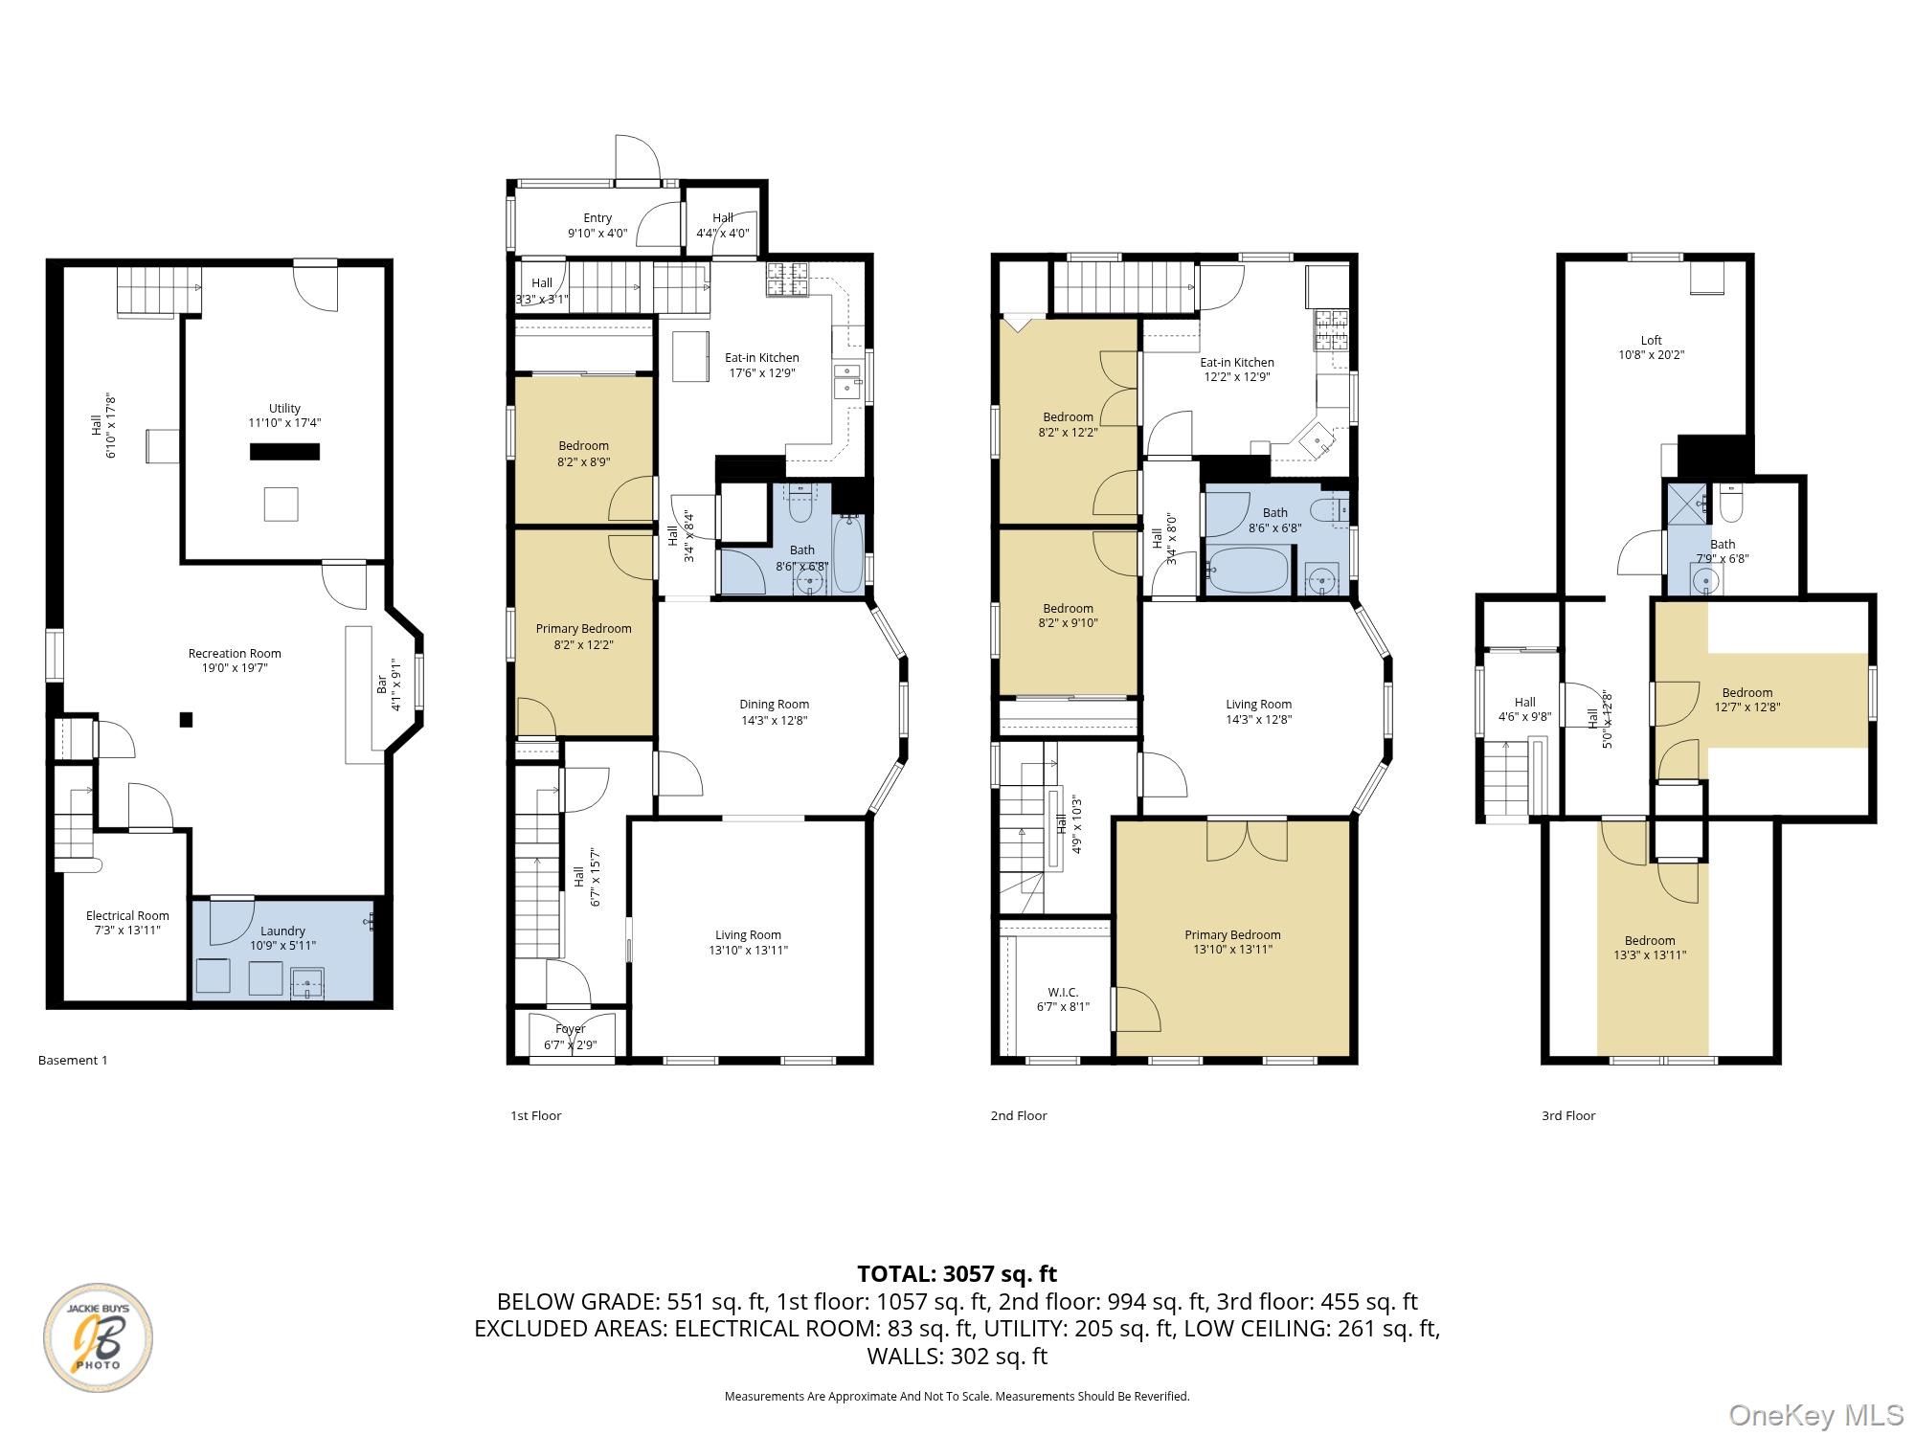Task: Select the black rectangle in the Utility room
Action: [284, 452]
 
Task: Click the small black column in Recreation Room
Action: [187, 720]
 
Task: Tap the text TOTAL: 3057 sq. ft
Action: [957, 1274]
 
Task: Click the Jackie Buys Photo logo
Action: [98, 1337]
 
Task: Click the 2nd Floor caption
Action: [1019, 1115]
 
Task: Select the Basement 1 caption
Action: [73, 1060]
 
